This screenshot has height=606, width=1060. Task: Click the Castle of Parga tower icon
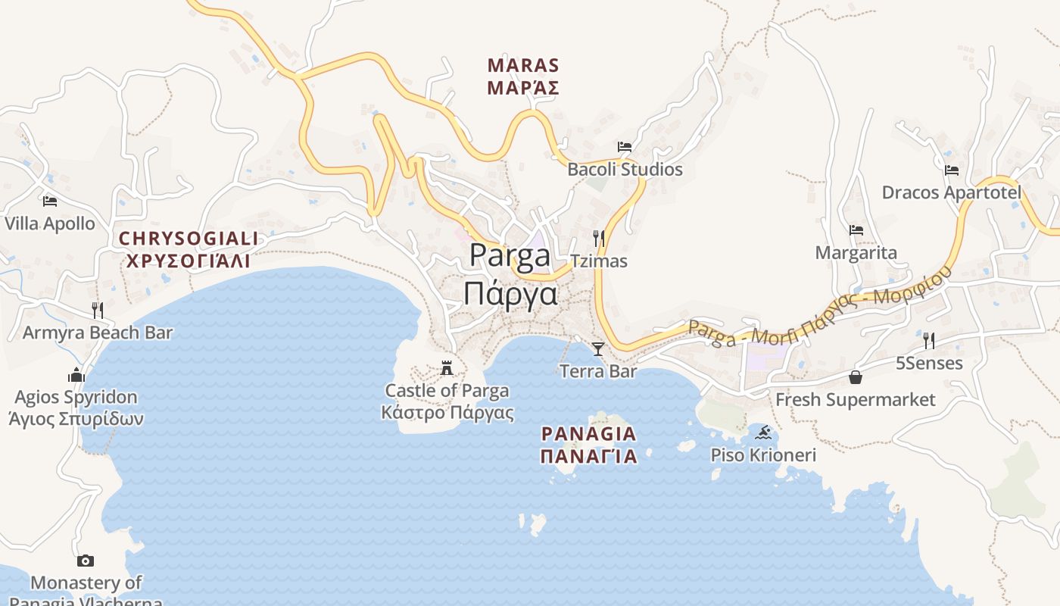pyautogui.click(x=447, y=369)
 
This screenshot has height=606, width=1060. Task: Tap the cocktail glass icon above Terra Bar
pyautogui.click(x=598, y=349)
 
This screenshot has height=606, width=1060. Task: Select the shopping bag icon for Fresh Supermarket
pyautogui.click(x=856, y=377)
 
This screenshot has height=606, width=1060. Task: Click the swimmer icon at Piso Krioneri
pyautogui.click(x=763, y=433)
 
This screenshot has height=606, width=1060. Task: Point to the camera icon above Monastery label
pyautogui.click(x=86, y=561)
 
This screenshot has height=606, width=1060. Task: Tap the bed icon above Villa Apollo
pyautogui.click(x=50, y=201)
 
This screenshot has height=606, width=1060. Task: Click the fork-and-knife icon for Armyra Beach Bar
pyautogui.click(x=98, y=310)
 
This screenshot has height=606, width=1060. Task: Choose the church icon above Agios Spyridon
pyautogui.click(x=76, y=375)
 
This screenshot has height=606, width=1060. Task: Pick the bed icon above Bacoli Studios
pyautogui.click(x=625, y=147)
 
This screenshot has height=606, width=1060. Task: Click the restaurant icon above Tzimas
pyautogui.click(x=598, y=239)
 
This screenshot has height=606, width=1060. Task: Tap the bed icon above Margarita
pyautogui.click(x=856, y=230)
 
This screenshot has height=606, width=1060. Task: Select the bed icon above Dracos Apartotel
pyautogui.click(x=952, y=170)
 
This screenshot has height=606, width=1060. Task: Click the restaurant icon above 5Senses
pyautogui.click(x=929, y=340)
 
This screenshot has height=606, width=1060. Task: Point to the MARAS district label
pyautogui.click(x=523, y=77)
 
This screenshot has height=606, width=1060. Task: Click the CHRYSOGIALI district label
pyautogui.click(x=189, y=250)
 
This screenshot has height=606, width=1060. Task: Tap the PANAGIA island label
pyautogui.click(x=589, y=445)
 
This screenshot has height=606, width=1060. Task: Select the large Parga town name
pyautogui.click(x=510, y=273)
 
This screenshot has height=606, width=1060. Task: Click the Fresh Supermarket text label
pyautogui.click(x=856, y=399)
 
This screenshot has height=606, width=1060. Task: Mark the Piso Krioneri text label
pyautogui.click(x=763, y=455)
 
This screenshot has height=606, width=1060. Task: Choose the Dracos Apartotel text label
pyautogui.click(x=952, y=192)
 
